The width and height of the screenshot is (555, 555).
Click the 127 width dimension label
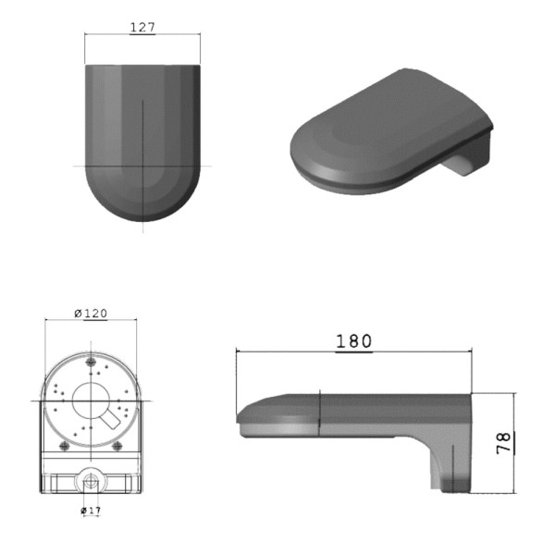pyautogui.click(x=142, y=28)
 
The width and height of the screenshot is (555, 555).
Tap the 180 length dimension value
pyautogui.click(x=353, y=341)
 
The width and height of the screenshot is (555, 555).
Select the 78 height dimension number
pyautogui.click(x=504, y=440)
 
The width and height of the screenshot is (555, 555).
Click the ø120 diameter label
pyautogui.click(x=91, y=313)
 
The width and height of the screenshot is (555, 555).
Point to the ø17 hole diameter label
pyautogui.click(x=91, y=510)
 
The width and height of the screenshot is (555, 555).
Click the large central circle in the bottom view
pyautogui.click(x=91, y=401)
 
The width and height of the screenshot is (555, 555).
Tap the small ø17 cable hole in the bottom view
pyautogui.click(x=91, y=481)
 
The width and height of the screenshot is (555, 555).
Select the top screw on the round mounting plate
pyautogui.click(x=92, y=363)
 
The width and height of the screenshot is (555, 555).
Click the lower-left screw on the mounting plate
pyautogui.click(x=64, y=445)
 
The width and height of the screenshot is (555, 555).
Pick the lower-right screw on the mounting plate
pyautogui.click(x=117, y=445)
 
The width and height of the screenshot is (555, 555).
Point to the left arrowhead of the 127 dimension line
pyautogui.click(x=87, y=35)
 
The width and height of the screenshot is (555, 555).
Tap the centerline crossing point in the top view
pyautogui.click(x=142, y=166)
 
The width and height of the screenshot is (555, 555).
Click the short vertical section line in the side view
pyautogui.click(x=319, y=413)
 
